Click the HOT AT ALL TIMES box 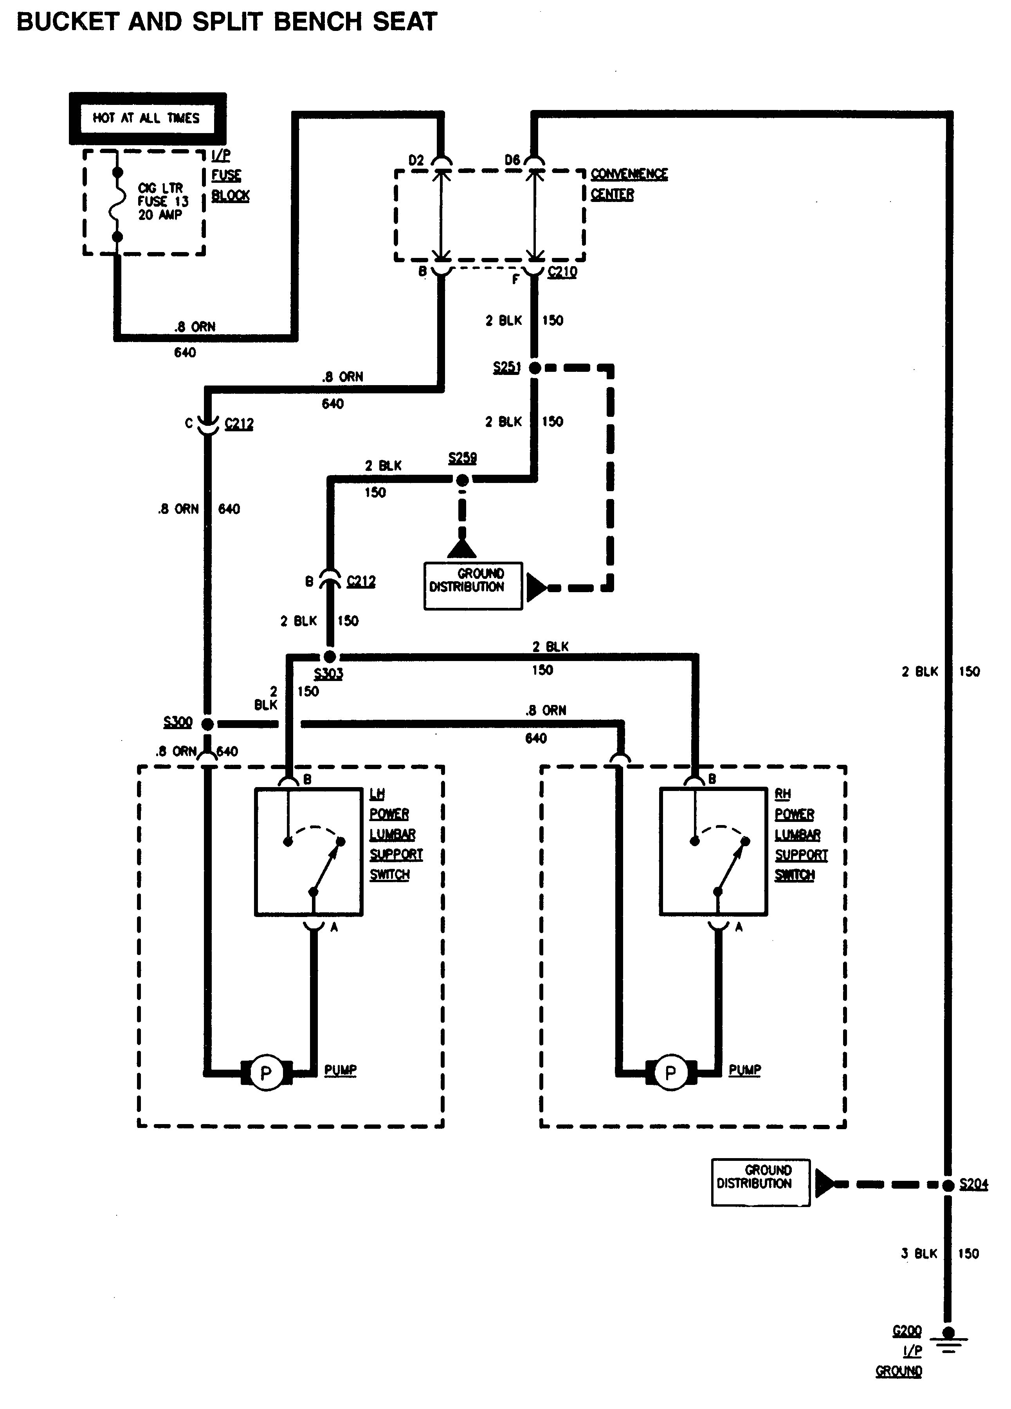pyautogui.click(x=147, y=118)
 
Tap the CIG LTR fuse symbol pyautogui.click(x=116, y=202)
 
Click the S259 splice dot pyautogui.click(x=462, y=479)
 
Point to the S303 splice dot pyautogui.click(x=330, y=657)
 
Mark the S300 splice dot pyautogui.click(x=207, y=724)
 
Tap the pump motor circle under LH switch pyautogui.click(x=266, y=1073)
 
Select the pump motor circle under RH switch pyautogui.click(x=670, y=1073)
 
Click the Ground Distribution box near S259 pyautogui.click(x=473, y=586)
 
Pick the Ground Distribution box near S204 pyautogui.click(x=760, y=1183)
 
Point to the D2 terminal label pyautogui.click(x=416, y=160)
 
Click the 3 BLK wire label pyautogui.click(x=918, y=1254)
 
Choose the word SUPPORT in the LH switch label pyautogui.click(x=396, y=854)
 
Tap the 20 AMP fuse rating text pyautogui.click(x=160, y=215)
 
